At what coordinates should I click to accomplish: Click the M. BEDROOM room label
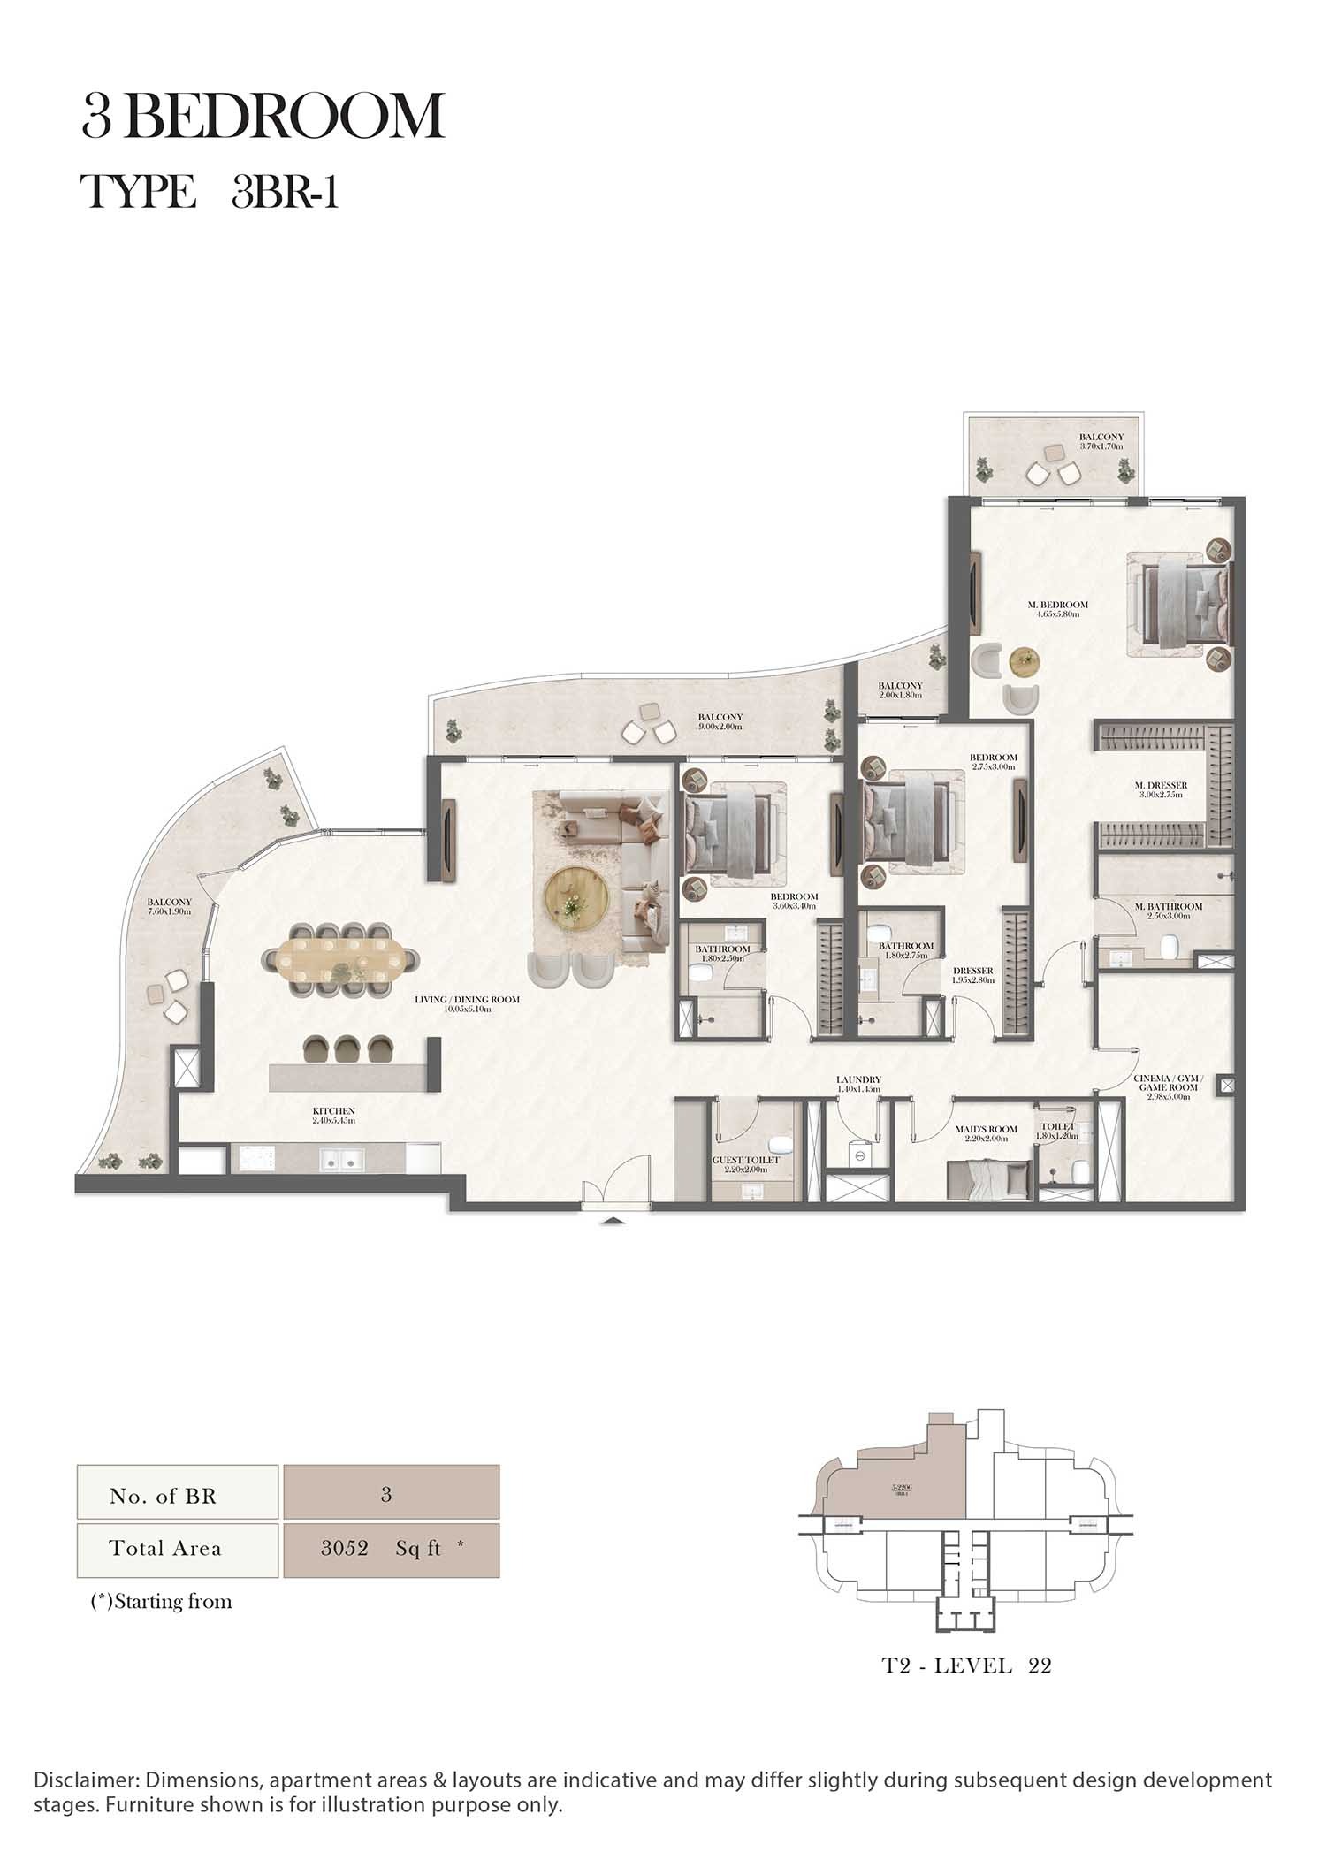[x=1057, y=609]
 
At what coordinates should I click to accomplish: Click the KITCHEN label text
[x=333, y=1115]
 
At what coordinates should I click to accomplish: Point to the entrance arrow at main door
[x=613, y=1221]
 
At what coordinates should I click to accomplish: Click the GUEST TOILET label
[x=746, y=1163]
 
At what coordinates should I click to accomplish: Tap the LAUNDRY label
[x=858, y=1084]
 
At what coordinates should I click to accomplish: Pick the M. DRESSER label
[x=1161, y=789]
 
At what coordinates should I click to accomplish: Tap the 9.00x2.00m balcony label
[x=720, y=721]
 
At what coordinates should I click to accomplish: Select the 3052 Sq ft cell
[x=391, y=1548]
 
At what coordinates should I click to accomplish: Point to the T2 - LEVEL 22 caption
[x=966, y=1665]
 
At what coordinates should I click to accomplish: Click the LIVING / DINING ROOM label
[x=467, y=1003]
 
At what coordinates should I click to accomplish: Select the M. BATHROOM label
[x=1169, y=911]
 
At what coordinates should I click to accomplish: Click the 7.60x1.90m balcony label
[x=169, y=906]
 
